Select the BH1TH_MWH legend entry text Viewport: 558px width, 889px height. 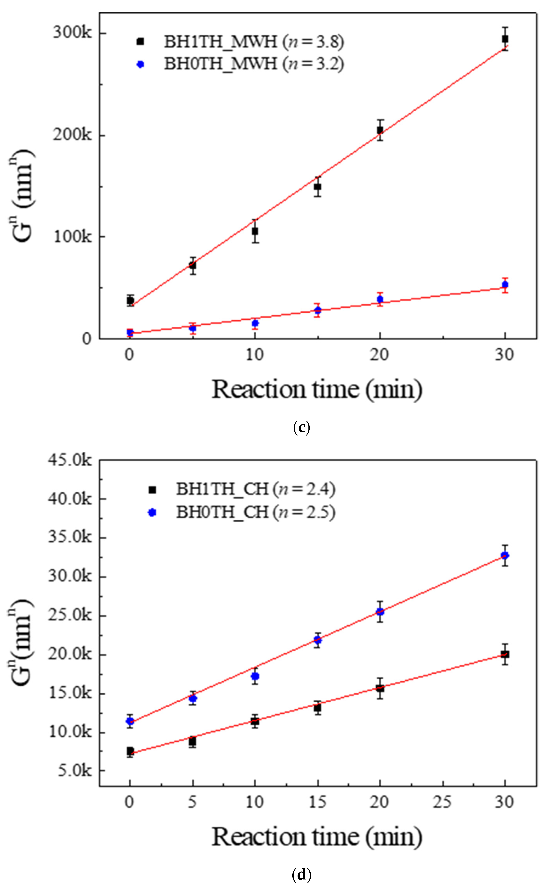pyautogui.click(x=254, y=42)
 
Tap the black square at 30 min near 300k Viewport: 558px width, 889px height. pyautogui.click(x=505, y=39)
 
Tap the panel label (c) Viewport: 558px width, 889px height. pyautogui.click(x=301, y=427)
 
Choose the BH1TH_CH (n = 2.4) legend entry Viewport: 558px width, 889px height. pyautogui.click(x=255, y=489)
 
